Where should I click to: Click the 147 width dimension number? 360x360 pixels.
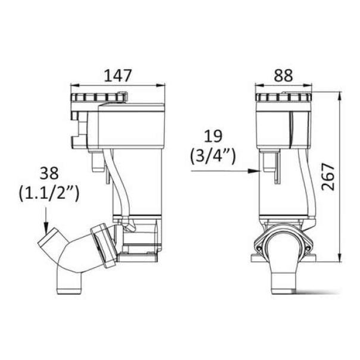[x=118, y=76]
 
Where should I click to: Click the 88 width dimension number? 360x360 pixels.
[x=284, y=76]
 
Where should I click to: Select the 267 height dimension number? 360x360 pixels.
[x=328, y=177]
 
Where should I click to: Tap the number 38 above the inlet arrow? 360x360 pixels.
[x=49, y=173]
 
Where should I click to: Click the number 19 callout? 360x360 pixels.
[x=213, y=136]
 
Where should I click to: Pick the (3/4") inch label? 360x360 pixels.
[x=213, y=156]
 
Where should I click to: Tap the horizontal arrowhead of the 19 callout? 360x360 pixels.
[x=255, y=171]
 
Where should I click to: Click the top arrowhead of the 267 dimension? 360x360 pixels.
[x=340, y=96]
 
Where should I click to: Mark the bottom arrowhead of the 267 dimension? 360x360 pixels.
[x=340, y=258]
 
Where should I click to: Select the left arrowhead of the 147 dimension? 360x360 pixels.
[x=75, y=86]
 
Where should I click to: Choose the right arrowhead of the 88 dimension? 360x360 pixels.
[x=308, y=86]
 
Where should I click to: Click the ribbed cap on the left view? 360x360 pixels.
[x=99, y=98]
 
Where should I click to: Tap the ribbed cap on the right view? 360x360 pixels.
[x=284, y=98]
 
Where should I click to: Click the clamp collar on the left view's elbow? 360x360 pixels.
[x=102, y=246]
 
